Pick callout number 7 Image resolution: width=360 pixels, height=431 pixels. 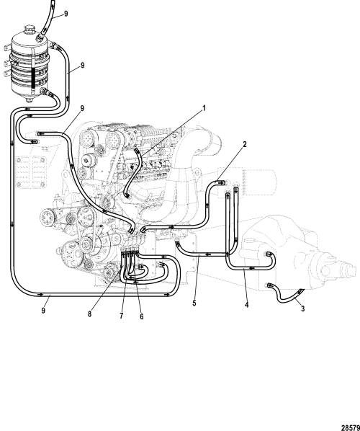pos(122,316)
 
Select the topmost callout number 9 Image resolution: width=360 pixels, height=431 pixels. pos(66,14)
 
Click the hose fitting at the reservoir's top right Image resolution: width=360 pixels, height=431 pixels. pos(52,44)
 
